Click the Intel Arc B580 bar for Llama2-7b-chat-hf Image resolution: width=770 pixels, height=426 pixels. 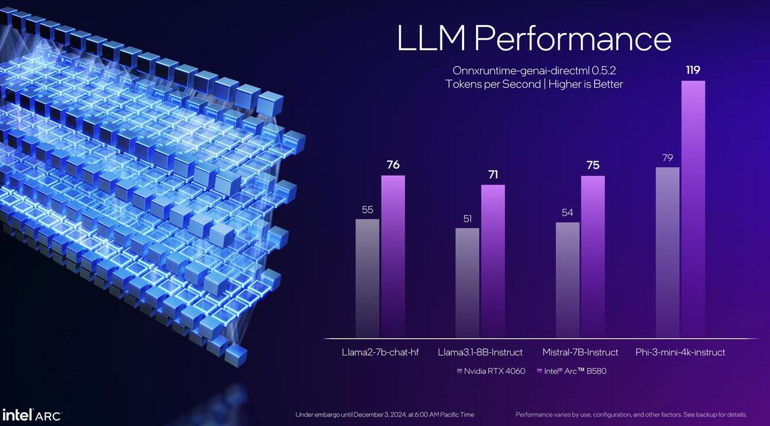[x=393, y=257]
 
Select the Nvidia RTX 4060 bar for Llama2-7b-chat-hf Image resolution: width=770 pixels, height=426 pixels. [x=367, y=278]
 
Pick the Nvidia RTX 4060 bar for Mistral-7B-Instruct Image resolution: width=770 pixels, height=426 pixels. [x=568, y=280]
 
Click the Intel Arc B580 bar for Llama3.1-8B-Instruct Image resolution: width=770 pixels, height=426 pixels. [x=492, y=261]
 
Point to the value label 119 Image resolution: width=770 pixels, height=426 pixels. [x=693, y=70]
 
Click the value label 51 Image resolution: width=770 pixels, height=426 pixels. [x=467, y=219]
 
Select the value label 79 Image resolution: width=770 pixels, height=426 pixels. [x=667, y=158]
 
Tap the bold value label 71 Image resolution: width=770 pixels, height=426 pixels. [x=492, y=175]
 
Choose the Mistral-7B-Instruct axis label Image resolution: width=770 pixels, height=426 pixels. [x=580, y=352]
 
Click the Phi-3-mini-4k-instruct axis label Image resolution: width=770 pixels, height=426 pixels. [x=680, y=352]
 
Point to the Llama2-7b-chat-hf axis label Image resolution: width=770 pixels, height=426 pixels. [x=380, y=352]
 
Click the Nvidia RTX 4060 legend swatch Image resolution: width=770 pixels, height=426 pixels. [x=459, y=371]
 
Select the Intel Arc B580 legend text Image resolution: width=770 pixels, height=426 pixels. [x=576, y=371]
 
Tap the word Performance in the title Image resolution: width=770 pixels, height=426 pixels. [x=572, y=39]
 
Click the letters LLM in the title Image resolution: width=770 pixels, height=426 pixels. [x=431, y=38]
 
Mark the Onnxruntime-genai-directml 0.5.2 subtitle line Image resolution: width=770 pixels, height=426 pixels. [x=534, y=70]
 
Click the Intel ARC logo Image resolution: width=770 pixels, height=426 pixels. [x=32, y=415]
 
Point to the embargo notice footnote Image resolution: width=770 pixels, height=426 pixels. [x=384, y=415]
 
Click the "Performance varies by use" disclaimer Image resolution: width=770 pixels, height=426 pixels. [x=631, y=415]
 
